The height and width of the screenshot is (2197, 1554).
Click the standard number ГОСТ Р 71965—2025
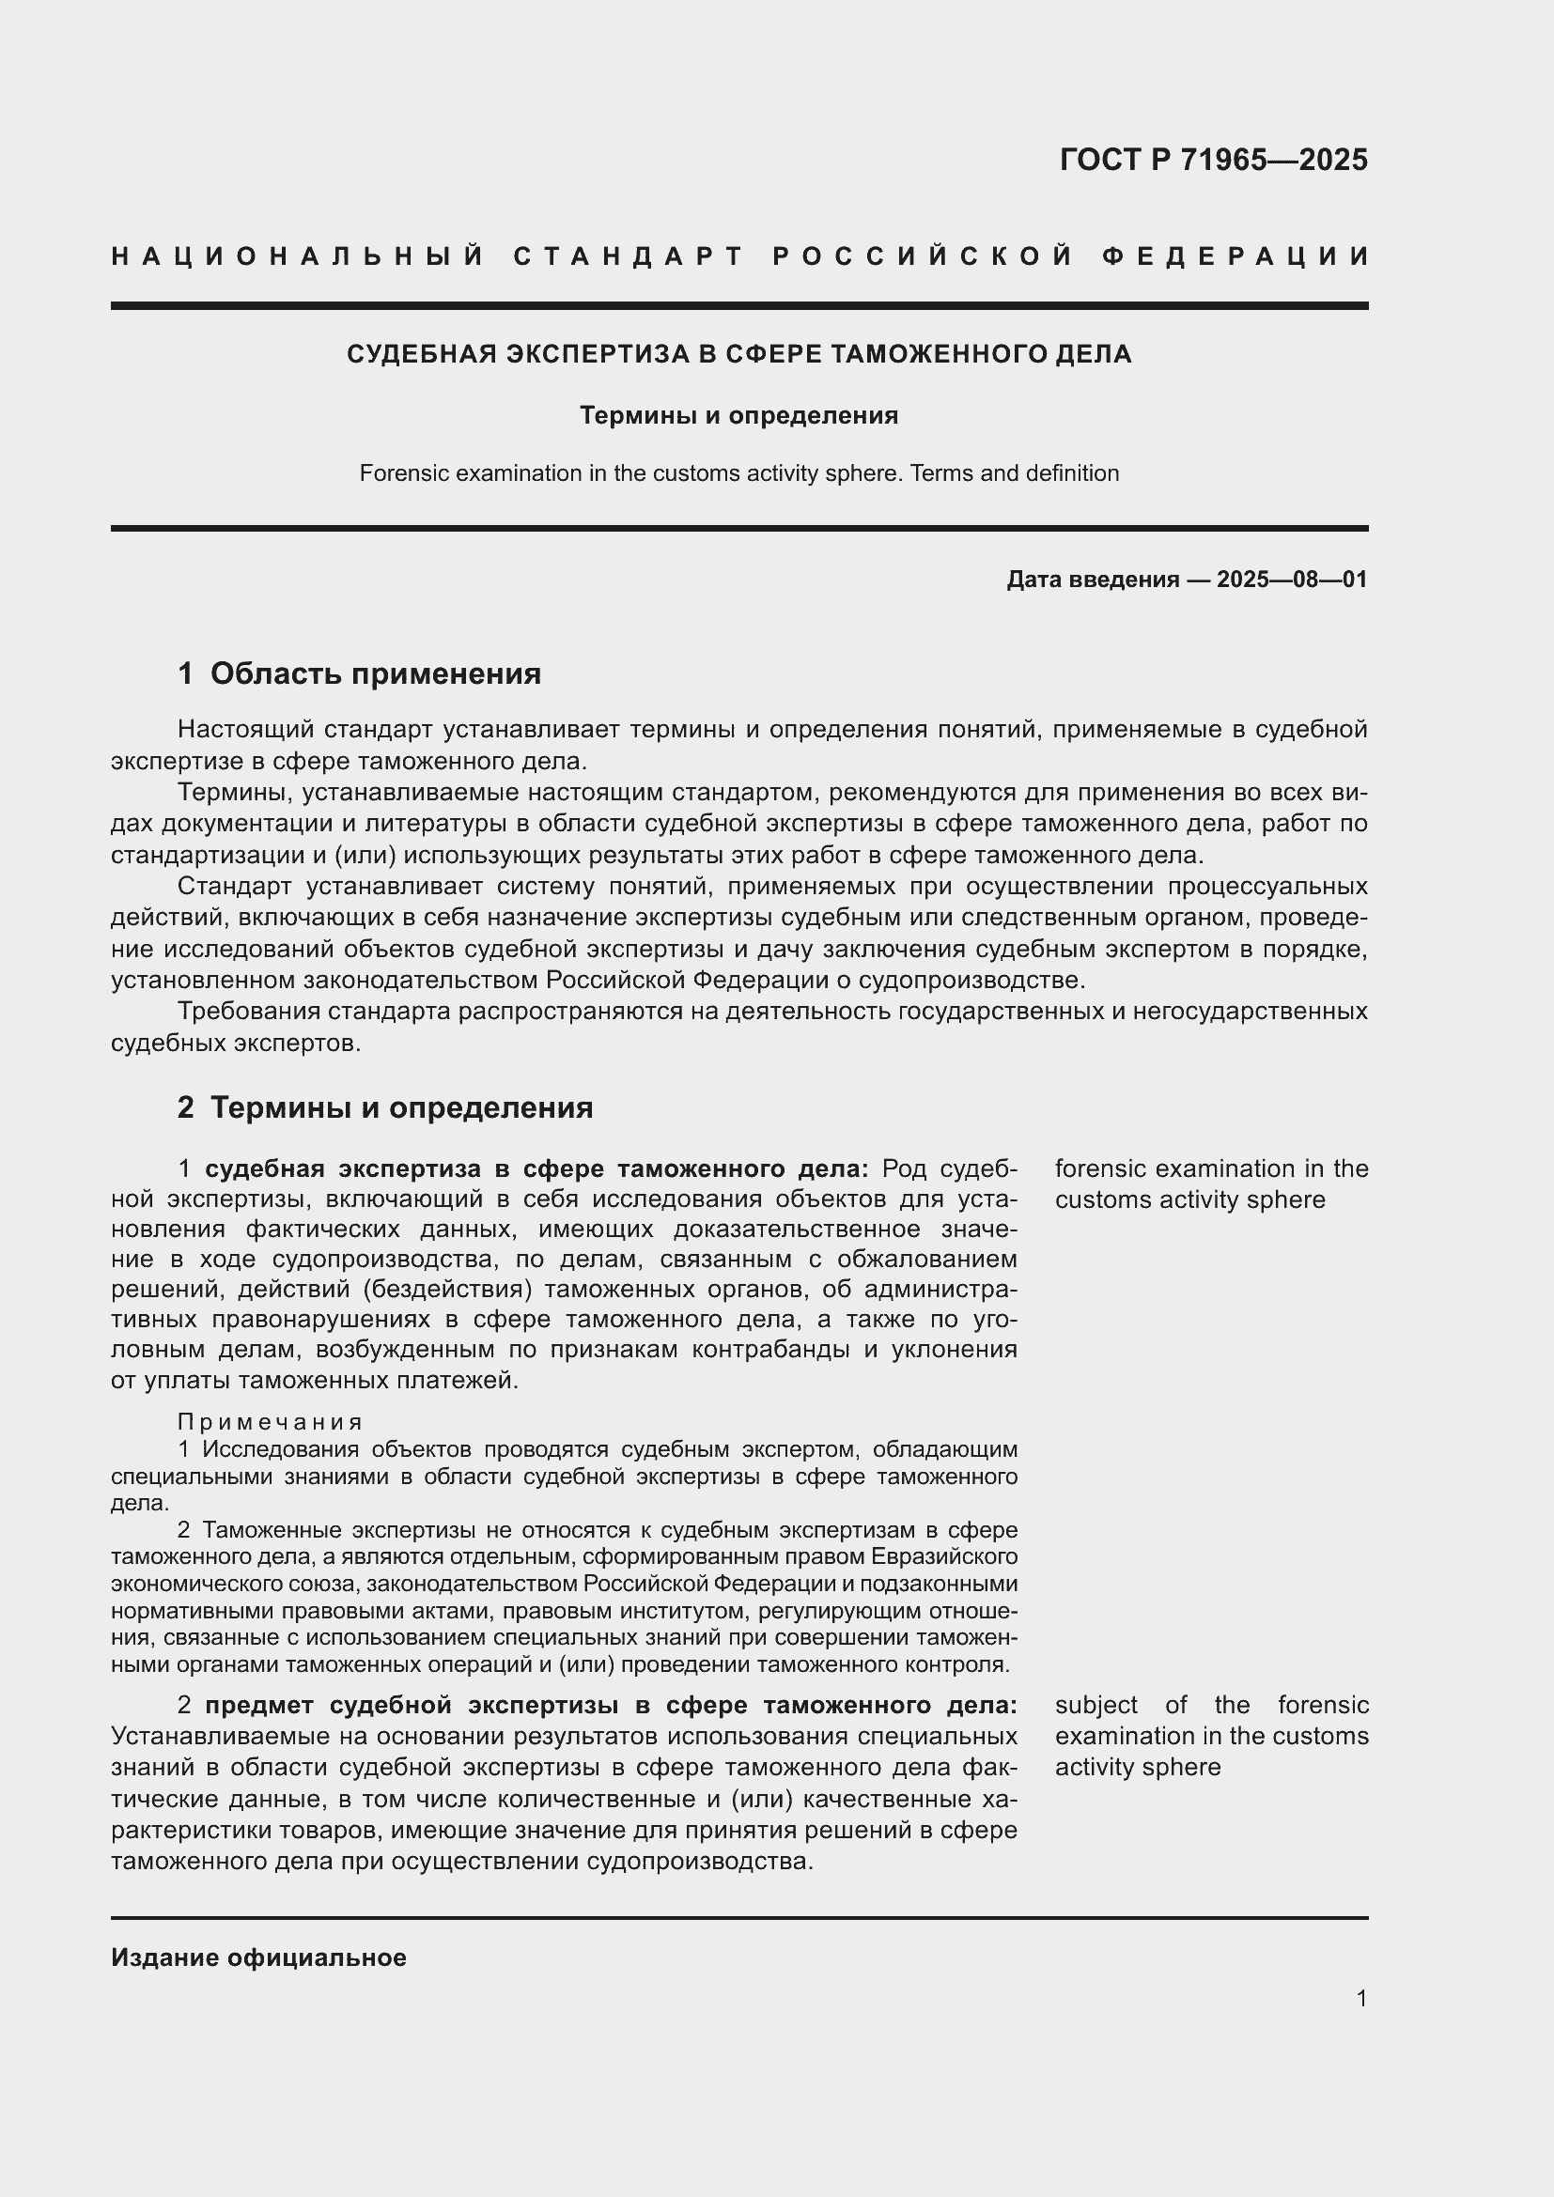[x=1213, y=160]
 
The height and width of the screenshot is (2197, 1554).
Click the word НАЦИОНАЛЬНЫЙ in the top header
[x=298, y=256]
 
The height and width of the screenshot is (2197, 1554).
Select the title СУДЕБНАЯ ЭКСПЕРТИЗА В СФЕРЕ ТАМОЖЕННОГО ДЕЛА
[x=738, y=355]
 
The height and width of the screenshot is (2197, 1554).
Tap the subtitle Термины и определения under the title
[x=738, y=415]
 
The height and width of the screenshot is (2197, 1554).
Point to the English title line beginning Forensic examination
[x=738, y=473]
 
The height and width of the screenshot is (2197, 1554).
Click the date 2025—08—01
[x=1292, y=580]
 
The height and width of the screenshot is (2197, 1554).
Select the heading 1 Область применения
[x=359, y=674]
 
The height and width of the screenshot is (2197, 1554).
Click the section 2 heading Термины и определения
[x=384, y=1108]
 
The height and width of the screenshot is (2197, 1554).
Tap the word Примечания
[x=270, y=1422]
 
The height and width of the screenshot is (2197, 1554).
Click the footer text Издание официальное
[x=258, y=1957]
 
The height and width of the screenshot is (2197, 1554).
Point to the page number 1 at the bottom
[x=1361, y=1998]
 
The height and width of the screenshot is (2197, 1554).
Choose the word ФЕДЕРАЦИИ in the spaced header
[x=1235, y=256]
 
